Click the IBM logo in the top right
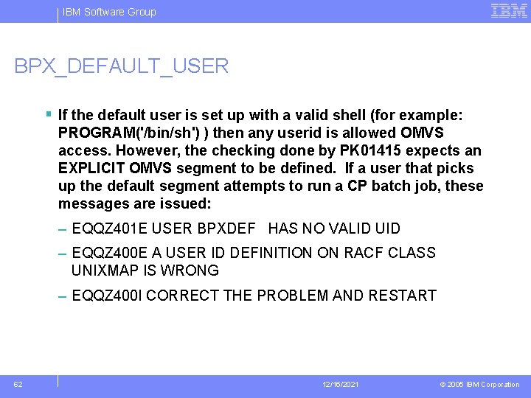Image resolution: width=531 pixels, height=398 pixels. click(x=509, y=10)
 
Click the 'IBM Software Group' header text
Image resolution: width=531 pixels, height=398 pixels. click(x=109, y=12)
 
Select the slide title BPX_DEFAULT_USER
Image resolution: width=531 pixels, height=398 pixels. click(x=122, y=66)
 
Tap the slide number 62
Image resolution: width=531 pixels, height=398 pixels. click(x=18, y=384)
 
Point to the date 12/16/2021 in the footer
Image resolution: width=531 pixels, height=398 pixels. click(x=341, y=385)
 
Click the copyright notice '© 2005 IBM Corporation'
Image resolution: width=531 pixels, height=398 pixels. click(x=479, y=385)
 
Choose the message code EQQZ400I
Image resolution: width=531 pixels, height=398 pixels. click(x=107, y=296)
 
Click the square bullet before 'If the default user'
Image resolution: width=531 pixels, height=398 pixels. click(x=48, y=115)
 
